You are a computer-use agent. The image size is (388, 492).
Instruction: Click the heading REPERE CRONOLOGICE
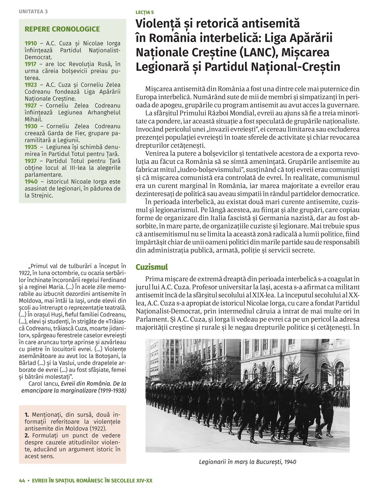pyautogui.click(x=62, y=29)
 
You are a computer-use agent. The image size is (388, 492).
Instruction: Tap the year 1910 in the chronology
pyautogui.click(x=31, y=43)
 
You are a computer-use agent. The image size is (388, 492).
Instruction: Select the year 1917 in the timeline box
pyautogui.click(x=31, y=64)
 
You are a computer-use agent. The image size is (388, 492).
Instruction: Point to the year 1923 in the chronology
pyautogui.click(x=31, y=85)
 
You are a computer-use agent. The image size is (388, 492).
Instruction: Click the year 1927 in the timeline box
pyautogui.click(x=31, y=106)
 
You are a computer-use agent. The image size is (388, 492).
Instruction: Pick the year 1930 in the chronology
pyautogui.click(x=31, y=126)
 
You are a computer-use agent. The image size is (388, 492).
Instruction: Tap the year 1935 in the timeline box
pyautogui.click(x=31, y=147)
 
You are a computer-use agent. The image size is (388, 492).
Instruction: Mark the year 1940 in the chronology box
pyautogui.click(x=31, y=182)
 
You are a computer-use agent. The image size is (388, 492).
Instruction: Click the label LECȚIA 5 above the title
pyautogui.click(x=144, y=13)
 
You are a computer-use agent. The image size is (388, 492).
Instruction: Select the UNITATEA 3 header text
pyautogui.click(x=33, y=11)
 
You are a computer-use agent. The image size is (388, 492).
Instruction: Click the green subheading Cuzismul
pyautogui.click(x=152, y=267)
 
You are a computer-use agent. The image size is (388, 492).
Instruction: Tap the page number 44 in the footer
pyautogui.click(x=22, y=480)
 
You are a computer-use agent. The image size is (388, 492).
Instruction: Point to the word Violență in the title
pyautogui.click(x=160, y=24)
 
